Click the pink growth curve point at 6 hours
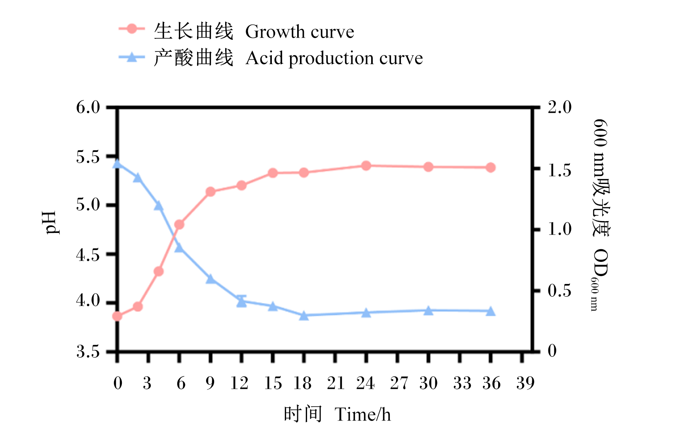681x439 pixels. (x=179, y=225)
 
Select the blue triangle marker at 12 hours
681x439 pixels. (x=242, y=302)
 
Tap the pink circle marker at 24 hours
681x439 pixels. (x=366, y=166)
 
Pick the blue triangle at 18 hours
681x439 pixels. (x=304, y=316)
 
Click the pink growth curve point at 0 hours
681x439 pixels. (x=117, y=316)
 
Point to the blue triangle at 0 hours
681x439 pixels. (x=117, y=163)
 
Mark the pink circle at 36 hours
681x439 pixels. (x=491, y=167)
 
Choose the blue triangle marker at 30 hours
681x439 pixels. (x=429, y=310)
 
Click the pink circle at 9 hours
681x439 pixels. (x=211, y=192)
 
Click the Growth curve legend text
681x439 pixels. (x=300, y=32)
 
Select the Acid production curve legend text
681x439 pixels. (x=334, y=59)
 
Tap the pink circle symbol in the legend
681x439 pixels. (x=132, y=29)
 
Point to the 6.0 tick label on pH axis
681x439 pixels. (x=88, y=107)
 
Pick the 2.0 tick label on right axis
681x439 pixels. (x=560, y=107)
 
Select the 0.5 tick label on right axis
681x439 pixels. (x=560, y=291)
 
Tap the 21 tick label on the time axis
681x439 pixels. (x=336, y=383)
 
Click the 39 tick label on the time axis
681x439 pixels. (x=525, y=383)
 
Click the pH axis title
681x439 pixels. (x=51, y=223)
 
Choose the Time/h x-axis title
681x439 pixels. (x=362, y=414)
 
